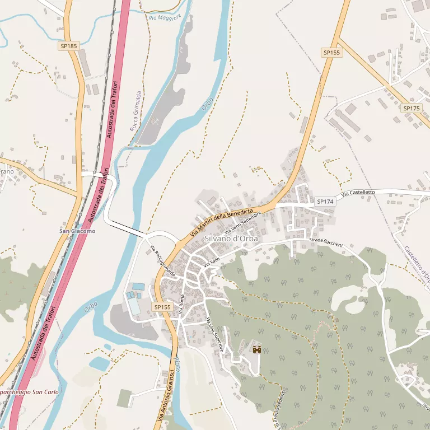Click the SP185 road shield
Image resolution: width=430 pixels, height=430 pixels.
69,46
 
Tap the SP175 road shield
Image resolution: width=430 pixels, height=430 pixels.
412,108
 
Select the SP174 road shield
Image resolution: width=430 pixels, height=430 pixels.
325,201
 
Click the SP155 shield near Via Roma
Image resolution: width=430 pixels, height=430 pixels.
162,307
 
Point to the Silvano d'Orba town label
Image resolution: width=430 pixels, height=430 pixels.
231,238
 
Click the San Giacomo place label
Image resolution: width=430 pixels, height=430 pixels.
78,231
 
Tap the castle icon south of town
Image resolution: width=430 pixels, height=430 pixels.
258,349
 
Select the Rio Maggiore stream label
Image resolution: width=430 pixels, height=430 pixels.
165,18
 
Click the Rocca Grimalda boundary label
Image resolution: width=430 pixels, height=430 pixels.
135,111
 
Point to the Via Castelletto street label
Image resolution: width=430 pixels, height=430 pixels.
358,193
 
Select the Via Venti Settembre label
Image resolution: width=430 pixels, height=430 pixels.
243,223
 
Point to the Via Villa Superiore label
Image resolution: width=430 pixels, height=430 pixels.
216,334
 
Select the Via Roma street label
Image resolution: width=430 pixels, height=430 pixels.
181,303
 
